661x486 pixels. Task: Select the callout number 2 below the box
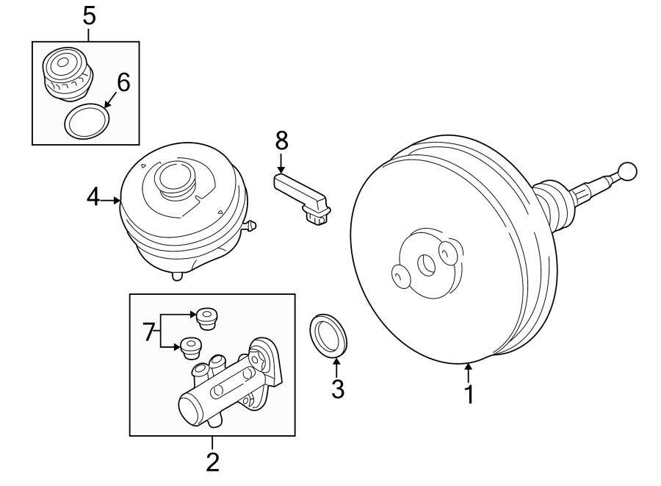pos(212,462)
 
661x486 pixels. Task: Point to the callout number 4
pos(93,198)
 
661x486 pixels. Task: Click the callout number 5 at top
pos(88,15)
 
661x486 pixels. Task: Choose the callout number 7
pos(148,332)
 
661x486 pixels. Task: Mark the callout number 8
pos(281,140)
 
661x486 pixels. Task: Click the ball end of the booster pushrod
pos(626,172)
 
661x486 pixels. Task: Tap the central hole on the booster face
pos(425,263)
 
